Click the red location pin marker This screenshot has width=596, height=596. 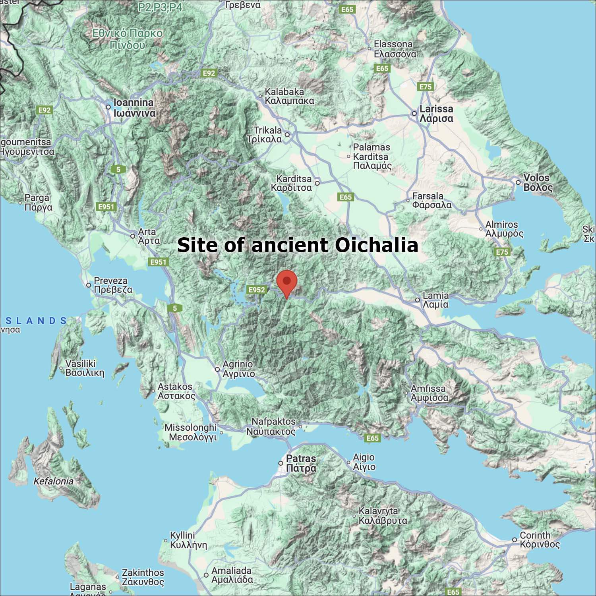[x=286, y=283]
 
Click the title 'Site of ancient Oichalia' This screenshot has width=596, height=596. [x=298, y=245]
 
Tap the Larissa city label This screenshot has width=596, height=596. [x=436, y=114]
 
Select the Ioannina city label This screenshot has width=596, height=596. [x=134, y=108]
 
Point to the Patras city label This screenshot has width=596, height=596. [x=301, y=463]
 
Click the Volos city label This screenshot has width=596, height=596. [x=538, y=183]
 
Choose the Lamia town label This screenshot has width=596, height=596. [x=435, y=300]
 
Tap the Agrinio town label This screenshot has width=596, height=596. [x=238, y=369]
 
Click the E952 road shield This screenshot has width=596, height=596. [x=256, y=290]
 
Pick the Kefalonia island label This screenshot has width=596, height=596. [x=53, y=481]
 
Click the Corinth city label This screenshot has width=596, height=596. [x=539, y=540]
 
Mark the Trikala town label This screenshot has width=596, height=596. [x=267, y=135]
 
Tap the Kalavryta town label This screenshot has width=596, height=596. [x=383, y=515]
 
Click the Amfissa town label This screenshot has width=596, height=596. [x=429, y=393]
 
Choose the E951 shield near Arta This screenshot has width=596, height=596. [x=158, y=262]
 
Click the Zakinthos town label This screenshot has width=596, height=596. [x=143, y=577]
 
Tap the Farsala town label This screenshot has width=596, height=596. [x=432, y=201]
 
